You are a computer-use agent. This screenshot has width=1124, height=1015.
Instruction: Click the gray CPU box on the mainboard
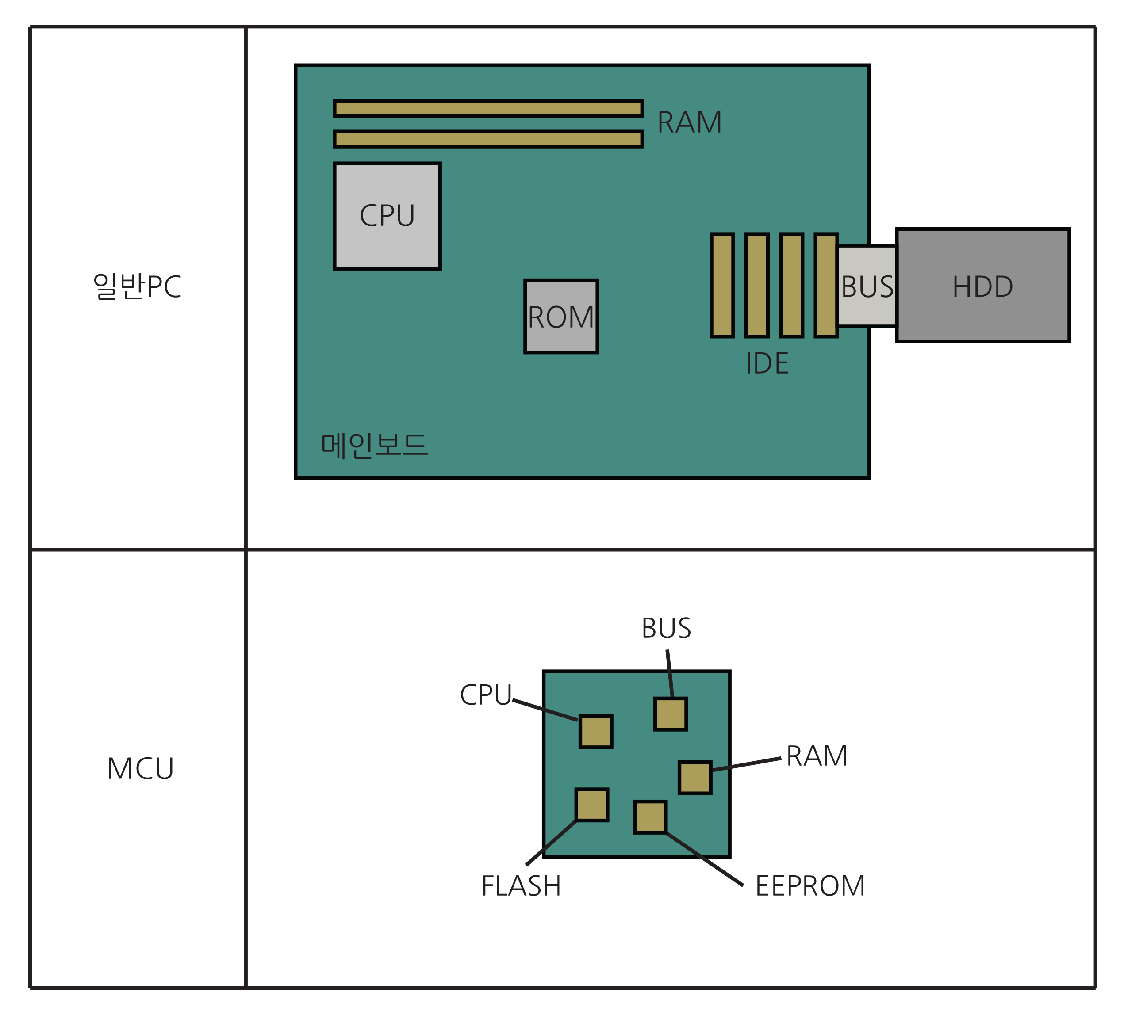(x=387, y=216)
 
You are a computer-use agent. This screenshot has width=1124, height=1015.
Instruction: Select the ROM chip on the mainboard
(x=561, y=316)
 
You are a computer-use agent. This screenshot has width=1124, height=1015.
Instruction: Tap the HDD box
(x=982, y=285)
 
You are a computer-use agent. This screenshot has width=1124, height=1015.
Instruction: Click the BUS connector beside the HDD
(x=867, y=286)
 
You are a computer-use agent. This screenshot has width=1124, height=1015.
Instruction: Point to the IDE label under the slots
(x=767, y=363)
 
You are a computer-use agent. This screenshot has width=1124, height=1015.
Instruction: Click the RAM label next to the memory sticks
(x=689, y=122)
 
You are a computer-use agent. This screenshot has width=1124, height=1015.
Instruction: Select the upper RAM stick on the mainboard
(x=488, y=108)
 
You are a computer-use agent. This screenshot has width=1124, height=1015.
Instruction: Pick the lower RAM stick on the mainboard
(x=488, y=139)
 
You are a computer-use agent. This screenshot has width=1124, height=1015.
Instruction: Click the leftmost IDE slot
(x=722, y=285)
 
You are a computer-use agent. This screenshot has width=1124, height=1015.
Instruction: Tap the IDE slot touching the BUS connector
(x=826, y=285)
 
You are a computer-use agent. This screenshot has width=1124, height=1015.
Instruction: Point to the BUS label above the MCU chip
(x=666, y=628)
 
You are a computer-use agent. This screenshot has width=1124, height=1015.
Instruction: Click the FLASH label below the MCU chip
(x=521, y=886)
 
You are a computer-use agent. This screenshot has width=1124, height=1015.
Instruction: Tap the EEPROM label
(x=809, y=886)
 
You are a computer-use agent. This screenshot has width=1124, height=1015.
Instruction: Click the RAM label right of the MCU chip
(x=816, y=756)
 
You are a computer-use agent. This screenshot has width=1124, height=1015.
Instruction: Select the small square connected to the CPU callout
(x=595, y=732)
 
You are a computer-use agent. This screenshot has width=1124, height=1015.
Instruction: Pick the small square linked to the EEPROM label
(x=649, y=817)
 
